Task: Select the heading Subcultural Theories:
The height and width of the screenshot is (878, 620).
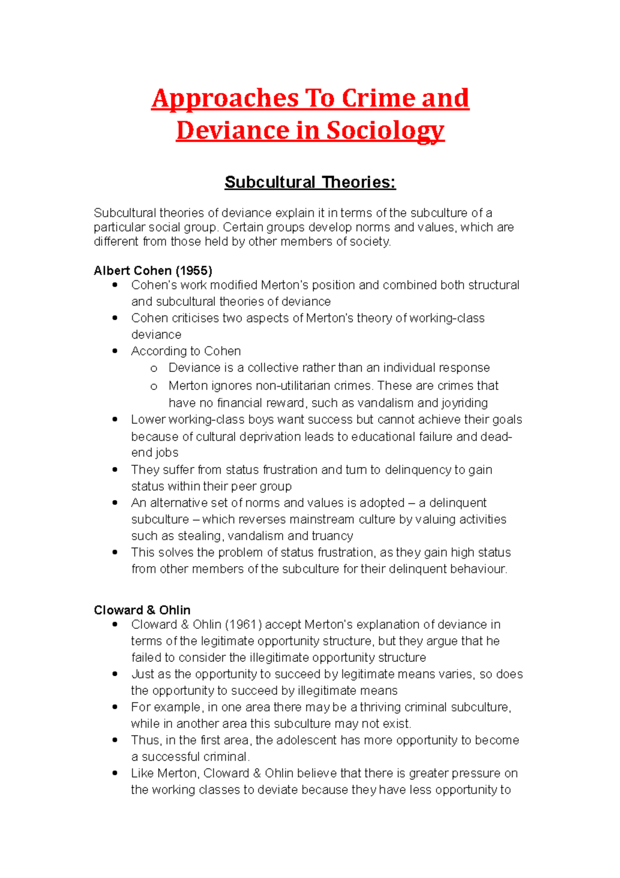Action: [x=310, y=182]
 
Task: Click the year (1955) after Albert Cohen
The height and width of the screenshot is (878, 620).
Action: [x=194, y=270]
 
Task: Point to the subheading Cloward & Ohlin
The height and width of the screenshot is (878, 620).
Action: [x=142, y=610]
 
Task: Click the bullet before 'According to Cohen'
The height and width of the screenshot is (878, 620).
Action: [x=115, y=351]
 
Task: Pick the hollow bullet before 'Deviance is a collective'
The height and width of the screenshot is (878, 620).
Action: [x=153, y=368]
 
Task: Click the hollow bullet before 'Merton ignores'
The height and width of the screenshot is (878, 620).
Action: [x=153, y=386]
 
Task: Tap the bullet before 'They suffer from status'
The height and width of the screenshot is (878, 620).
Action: [x=115, y=470]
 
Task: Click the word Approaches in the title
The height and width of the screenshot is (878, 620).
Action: [x=225, y=98]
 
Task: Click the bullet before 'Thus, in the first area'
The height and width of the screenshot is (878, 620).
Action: [x=115, y=740]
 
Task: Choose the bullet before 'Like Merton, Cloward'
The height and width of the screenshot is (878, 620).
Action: [x=115, y=773]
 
